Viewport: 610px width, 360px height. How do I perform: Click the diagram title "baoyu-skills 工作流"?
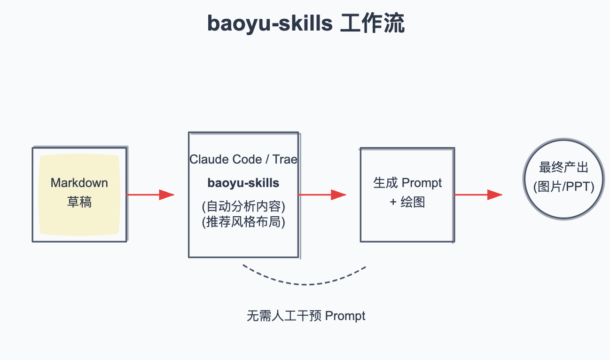(x=305, y=23)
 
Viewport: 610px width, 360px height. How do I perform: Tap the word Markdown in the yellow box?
(x=79, y=183)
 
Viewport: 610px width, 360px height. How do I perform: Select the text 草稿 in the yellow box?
(x=79, y=202)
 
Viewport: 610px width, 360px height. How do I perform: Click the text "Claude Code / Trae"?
(x=243, y=159)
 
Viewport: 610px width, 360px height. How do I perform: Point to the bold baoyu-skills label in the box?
(x=243, y=183)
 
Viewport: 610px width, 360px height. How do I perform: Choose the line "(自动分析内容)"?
(x=243, y=206)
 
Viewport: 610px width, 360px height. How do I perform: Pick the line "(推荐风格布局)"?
(x=243, y=221)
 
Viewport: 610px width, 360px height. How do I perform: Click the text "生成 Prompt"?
(x=407, y=183)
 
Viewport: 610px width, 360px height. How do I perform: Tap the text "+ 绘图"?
(x=407, y=202)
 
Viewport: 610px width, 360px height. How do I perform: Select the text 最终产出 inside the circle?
(x=564, y=168)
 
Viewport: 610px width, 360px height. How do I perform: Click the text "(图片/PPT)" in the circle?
(x=564, y=187)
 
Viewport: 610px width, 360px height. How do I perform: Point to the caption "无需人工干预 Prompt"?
(x=306, y=316)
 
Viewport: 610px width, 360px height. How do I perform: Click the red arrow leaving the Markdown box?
(x=150, y=195)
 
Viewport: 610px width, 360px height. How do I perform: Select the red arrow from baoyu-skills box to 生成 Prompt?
(x=322, y=195)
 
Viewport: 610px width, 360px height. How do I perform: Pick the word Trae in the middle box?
(x=285, y=159)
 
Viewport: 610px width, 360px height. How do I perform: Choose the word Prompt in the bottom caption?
(x=345, y=316)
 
